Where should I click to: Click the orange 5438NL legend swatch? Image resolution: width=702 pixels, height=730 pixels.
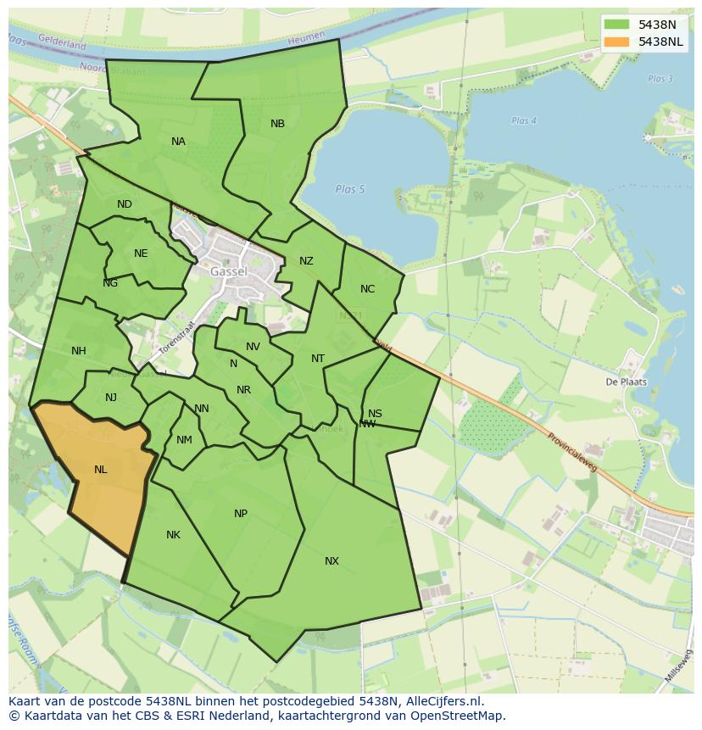617,42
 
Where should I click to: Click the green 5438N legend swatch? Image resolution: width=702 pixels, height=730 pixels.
617,25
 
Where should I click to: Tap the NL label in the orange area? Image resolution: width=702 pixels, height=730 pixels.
101,470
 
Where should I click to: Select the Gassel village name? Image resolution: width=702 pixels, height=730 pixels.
229,271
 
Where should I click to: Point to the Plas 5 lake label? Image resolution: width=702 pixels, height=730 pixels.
349,189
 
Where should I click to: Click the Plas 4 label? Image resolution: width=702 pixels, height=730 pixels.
524,121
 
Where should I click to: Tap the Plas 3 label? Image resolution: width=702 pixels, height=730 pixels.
660,79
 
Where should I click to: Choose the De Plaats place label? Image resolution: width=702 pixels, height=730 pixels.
626,382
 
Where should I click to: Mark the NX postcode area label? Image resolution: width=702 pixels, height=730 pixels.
331,561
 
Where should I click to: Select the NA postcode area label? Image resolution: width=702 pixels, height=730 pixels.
178,142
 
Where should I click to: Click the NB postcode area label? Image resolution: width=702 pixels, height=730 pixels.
277,124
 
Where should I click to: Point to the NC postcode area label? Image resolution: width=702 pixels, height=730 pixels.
367,289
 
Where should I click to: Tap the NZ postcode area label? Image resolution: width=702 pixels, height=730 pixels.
306,261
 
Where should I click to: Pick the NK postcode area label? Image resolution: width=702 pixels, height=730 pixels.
173,535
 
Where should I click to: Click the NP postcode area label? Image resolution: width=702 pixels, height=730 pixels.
241,514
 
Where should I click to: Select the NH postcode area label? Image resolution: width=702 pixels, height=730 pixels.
79,351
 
